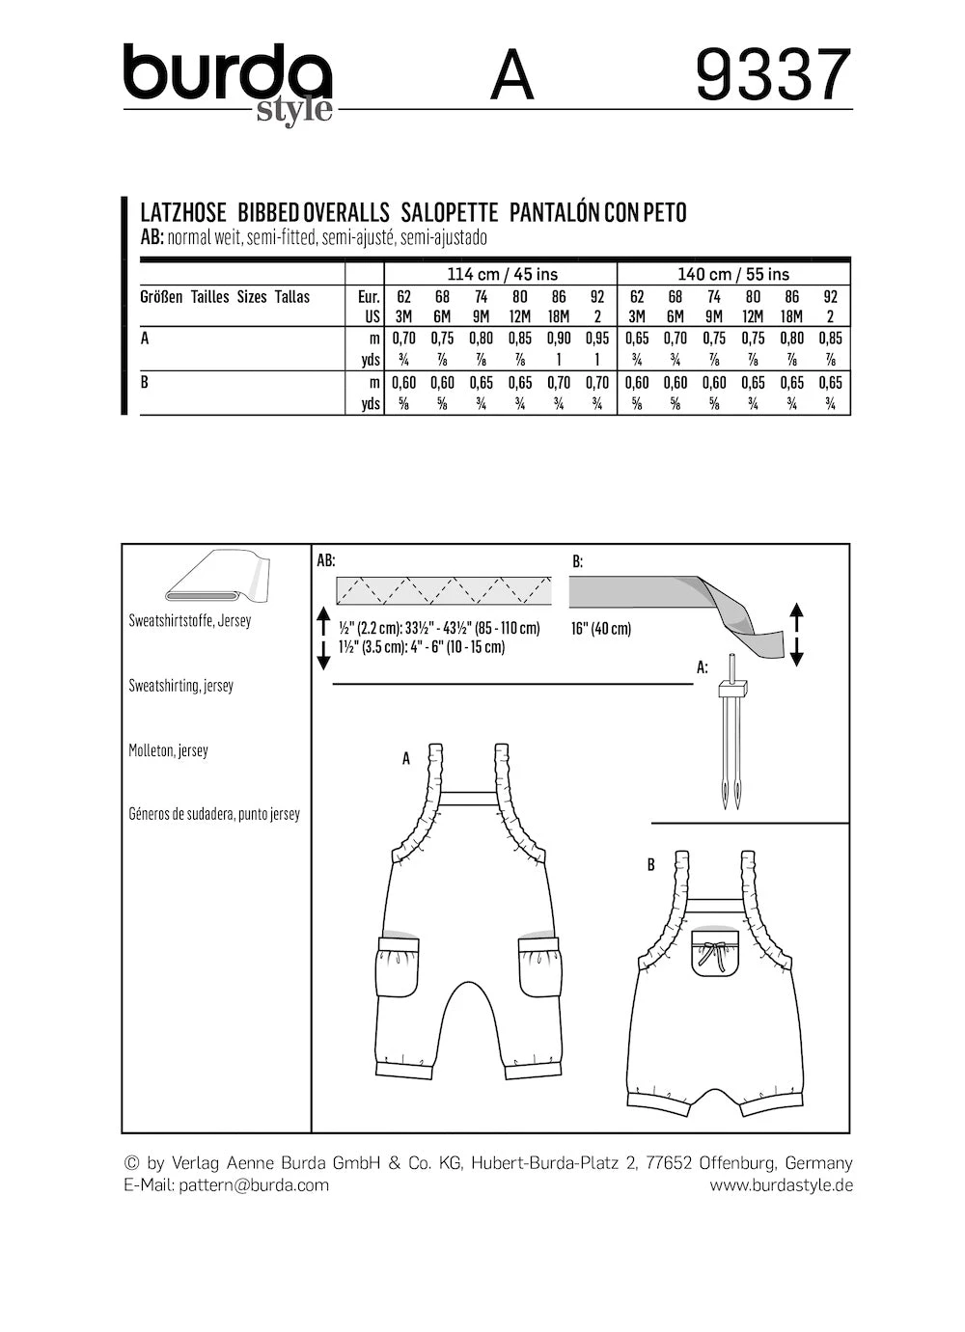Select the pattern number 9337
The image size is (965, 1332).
point(773,76)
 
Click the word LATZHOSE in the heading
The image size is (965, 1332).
point(183,213)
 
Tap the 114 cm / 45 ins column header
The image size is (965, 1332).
point(500,274)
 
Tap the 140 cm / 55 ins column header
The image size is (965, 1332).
point(733,274)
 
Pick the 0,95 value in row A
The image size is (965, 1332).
point(597,339)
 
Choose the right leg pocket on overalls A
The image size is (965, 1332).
point(539,968)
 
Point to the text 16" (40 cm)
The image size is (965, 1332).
point(600,629)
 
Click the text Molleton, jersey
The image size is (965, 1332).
point(168,750)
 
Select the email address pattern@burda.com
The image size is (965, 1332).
point(254,1185)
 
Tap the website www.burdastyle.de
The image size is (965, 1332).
point(781,1185)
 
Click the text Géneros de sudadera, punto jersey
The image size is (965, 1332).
point(214,814)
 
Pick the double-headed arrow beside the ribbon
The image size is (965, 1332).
point(796,634)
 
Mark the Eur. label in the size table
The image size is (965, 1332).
point(369,297)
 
